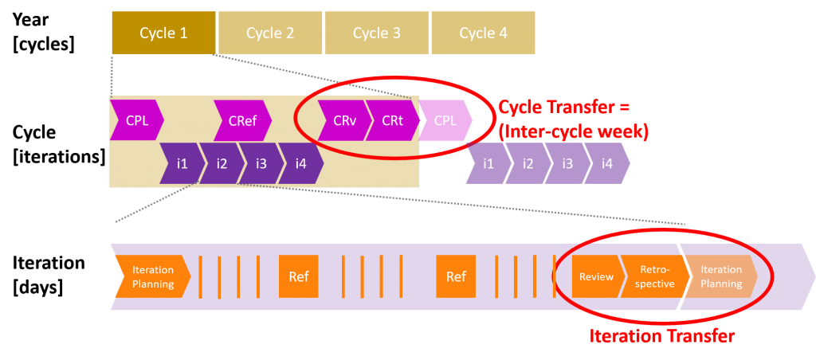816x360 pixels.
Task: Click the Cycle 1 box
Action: coord(163,33)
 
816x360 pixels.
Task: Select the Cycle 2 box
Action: coord(270,33)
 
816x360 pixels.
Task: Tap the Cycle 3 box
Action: coord(377,33)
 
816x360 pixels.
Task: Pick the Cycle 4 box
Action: coord(483,33)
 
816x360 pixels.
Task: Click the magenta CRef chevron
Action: coord(242,121)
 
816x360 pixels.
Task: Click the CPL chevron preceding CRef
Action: coord(136,121)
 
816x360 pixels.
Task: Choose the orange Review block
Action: coord(596,277)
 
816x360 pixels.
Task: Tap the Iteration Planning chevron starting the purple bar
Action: coord(152,277)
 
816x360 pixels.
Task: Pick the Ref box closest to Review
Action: coord(456,277)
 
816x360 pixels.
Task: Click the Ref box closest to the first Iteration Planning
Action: coord(299,277)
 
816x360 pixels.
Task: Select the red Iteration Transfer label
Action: coord(661,336)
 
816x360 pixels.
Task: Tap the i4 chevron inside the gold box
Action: coord(300,164)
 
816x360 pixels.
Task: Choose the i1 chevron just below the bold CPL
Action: coord(488,164)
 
